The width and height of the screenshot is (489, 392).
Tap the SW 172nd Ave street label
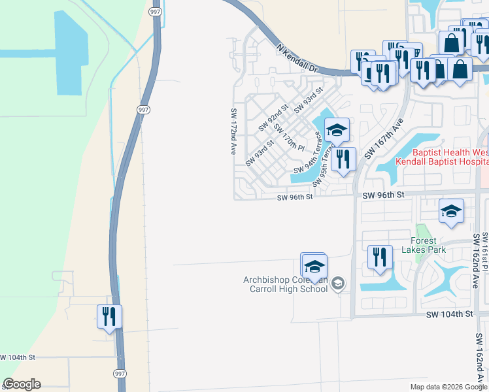(x=233, y=131)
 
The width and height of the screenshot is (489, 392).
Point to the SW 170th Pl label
(x=289, y=136)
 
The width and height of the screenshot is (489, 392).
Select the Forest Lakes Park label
(x=423, y=245)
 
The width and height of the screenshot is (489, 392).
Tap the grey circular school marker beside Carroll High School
(x=337, y=284)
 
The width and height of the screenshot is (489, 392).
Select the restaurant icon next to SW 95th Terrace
(x=343, y=159)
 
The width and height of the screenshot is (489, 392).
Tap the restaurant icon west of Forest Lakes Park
(x=380, y=257)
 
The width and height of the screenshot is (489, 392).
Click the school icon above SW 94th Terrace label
(x=337, y=130)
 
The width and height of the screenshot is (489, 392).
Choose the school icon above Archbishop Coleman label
(x=314, y=266)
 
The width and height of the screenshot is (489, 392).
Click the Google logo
(x=22, y=384)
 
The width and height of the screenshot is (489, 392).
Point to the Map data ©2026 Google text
(x=448, y=387)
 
